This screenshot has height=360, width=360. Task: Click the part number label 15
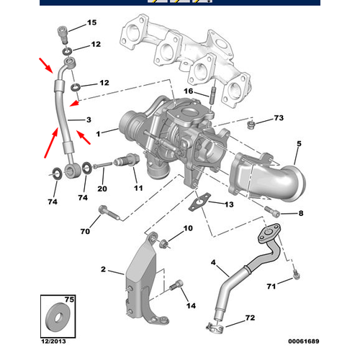pos(91,23)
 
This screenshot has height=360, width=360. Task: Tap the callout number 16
pos(189,91)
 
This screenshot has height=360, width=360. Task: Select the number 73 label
pos(279,117)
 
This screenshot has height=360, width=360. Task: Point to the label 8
pos(300,213)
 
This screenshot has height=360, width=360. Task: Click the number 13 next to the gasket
pos(228,205)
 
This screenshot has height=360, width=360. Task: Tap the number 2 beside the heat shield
pos(103,270)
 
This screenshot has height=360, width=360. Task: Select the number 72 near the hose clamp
pos(250,318)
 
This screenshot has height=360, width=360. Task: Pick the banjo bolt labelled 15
pos(64,32)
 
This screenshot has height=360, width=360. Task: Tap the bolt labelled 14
pos(176,289)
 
